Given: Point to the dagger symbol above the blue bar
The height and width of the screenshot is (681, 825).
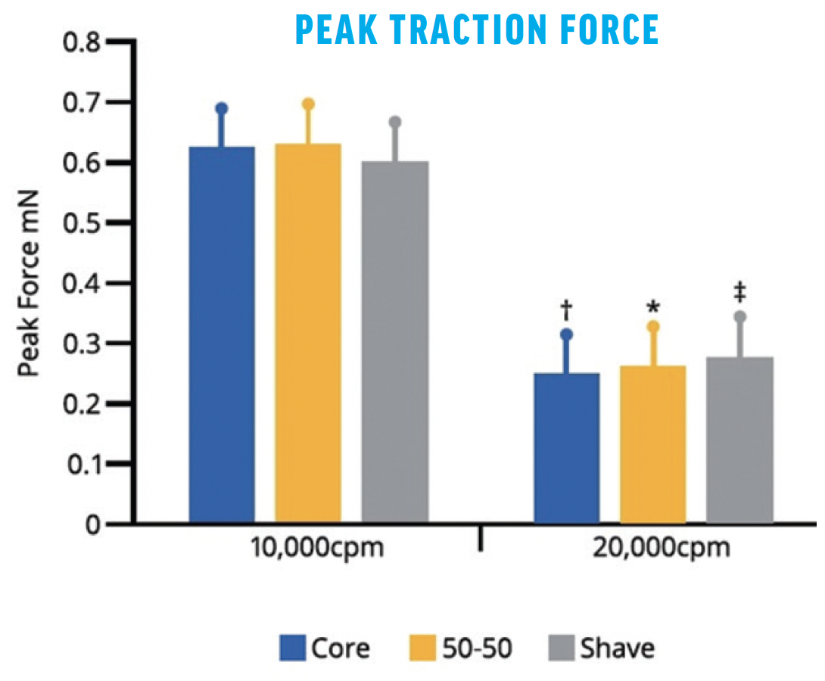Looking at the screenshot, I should [566, 308].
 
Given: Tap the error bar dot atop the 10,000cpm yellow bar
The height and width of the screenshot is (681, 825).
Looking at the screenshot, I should [307, 104].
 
